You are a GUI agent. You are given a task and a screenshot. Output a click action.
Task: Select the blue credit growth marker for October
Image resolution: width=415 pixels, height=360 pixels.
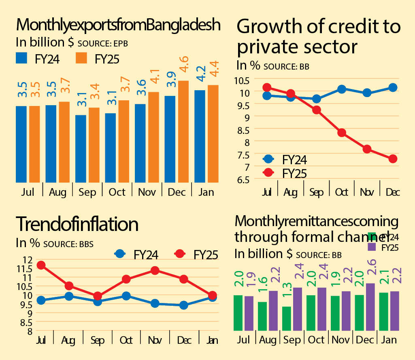point(341,89)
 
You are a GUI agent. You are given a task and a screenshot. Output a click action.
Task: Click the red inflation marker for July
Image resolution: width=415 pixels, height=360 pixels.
point(41,265)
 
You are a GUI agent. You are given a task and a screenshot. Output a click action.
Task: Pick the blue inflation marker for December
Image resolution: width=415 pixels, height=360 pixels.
point(183,305)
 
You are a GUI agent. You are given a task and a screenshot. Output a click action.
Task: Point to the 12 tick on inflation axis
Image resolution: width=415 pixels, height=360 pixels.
point(27,260)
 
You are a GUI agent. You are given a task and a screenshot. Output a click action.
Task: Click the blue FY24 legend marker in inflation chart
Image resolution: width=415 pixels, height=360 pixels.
point(119,254)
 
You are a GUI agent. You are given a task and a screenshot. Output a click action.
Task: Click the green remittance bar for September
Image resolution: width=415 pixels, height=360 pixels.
point(287,318)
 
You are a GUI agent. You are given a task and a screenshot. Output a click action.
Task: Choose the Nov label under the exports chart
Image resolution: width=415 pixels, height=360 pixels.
point(147,192)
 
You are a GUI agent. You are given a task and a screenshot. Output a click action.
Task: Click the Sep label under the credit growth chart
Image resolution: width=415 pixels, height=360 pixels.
point(317,192)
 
